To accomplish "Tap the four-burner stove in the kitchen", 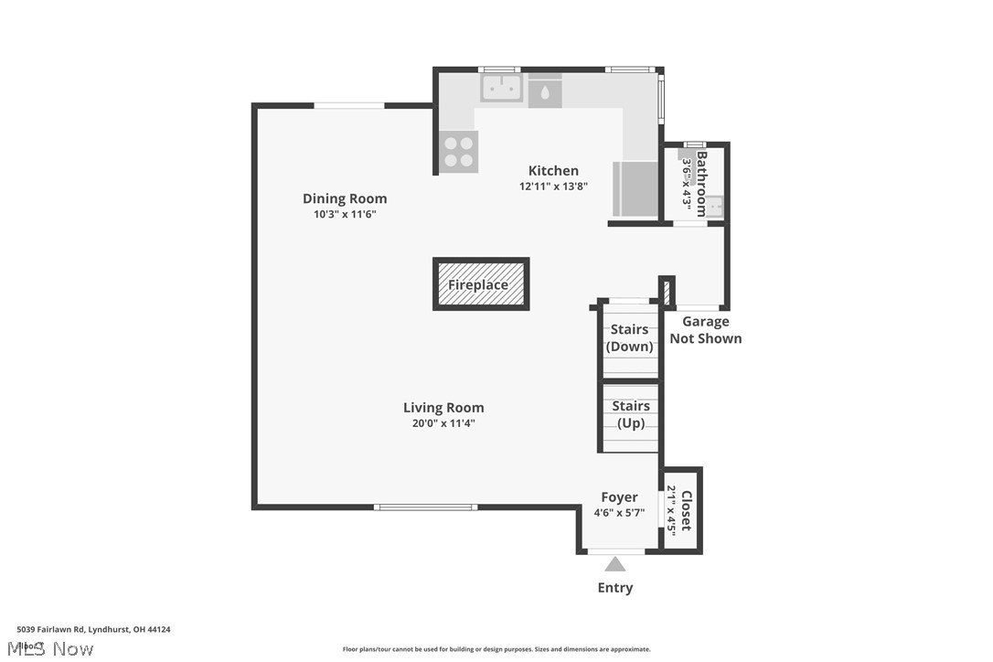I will tap(458, 152).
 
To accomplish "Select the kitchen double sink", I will tap(501, 88).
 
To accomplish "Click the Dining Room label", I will tap(345, 198).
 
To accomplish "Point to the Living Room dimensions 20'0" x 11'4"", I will tap(443, 423).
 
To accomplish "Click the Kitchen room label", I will tap(553, 170).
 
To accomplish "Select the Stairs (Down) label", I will tap(630, 337).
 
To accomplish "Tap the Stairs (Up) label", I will tap(630, 414).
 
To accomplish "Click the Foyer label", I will tap(619, 497).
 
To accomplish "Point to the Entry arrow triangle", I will tap(615, 564).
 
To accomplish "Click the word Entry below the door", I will tap(615, 588).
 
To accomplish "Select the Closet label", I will tap(687, 511).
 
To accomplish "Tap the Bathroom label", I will tap(702, 182).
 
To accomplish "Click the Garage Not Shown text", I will tap(706, 330).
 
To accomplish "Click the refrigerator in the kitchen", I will tap(635, 188).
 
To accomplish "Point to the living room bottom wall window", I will tap(425, 507).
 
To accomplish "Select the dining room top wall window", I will tap(348, 106).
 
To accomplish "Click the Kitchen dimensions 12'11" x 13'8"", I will tap(553, 186).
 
